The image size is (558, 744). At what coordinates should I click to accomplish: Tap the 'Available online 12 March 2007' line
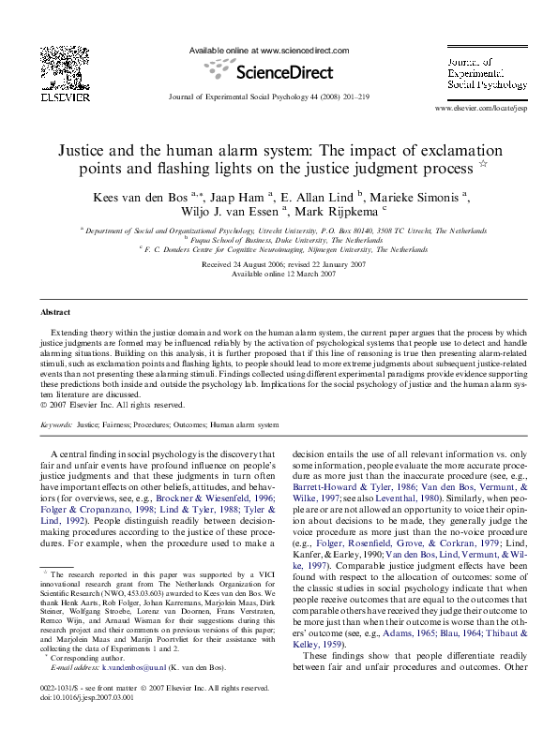tap(278, 275)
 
